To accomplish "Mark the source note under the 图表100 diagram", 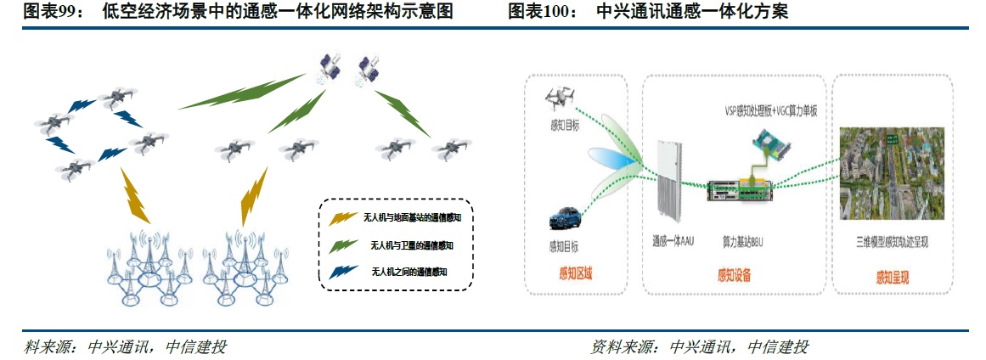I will [x=699, y=346].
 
